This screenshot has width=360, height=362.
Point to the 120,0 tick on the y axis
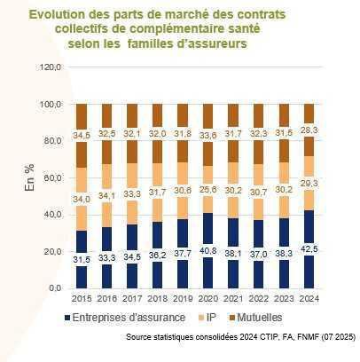pos(51,67)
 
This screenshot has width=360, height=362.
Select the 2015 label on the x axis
pos(82,299)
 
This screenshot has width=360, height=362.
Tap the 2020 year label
pos(207,299)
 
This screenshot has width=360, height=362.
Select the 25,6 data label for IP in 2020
pos(207,190)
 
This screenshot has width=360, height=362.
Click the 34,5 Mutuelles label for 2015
pos(82,135)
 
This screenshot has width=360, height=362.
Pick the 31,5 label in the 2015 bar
pos(82,259)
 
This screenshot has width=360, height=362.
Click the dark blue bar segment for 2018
pos(157,266)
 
